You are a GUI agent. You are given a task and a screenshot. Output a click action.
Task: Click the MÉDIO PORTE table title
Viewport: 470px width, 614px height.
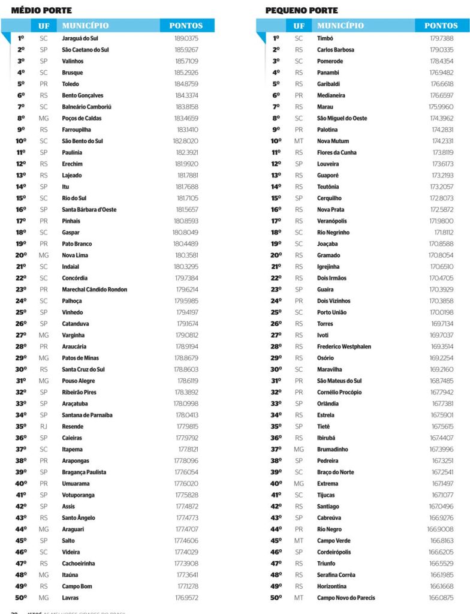point(41,10)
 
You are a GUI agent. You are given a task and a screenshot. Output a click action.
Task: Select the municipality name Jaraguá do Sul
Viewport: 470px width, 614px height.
point(80,38)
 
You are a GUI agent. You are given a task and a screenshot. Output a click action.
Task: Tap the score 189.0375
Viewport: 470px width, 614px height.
point(186,38)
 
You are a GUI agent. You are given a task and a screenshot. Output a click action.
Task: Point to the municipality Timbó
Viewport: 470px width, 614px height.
point(325,38)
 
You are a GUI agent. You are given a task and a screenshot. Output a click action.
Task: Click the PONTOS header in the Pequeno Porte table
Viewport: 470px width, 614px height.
point(441,26)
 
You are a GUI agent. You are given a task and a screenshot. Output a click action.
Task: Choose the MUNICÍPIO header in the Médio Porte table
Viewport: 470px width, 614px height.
point(86,26)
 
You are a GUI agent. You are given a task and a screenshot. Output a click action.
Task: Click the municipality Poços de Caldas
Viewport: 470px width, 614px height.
point(82,118)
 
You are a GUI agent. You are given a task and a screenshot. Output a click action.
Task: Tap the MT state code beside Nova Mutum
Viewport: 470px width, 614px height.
point(299,141)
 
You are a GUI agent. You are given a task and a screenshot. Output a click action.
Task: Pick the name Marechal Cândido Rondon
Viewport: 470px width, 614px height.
point(95,290)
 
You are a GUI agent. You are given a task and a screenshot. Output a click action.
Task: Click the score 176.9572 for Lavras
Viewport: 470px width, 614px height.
point(186,598)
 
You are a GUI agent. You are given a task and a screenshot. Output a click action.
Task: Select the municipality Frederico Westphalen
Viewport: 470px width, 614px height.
point(344,347)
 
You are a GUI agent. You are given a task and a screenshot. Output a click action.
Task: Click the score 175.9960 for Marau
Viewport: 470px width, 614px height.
point(441,107)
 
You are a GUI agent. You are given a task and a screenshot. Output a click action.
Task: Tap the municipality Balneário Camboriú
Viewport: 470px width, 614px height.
point(87,107)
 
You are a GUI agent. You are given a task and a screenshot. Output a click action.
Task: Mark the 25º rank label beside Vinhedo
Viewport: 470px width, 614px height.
point(21,312)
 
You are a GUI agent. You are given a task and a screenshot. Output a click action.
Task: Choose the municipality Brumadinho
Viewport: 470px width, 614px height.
point(332,449)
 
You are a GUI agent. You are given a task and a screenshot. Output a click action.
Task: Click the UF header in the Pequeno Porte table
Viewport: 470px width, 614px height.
point(299,26)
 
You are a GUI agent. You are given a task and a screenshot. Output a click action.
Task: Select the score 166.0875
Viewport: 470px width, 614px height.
point(441,598)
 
